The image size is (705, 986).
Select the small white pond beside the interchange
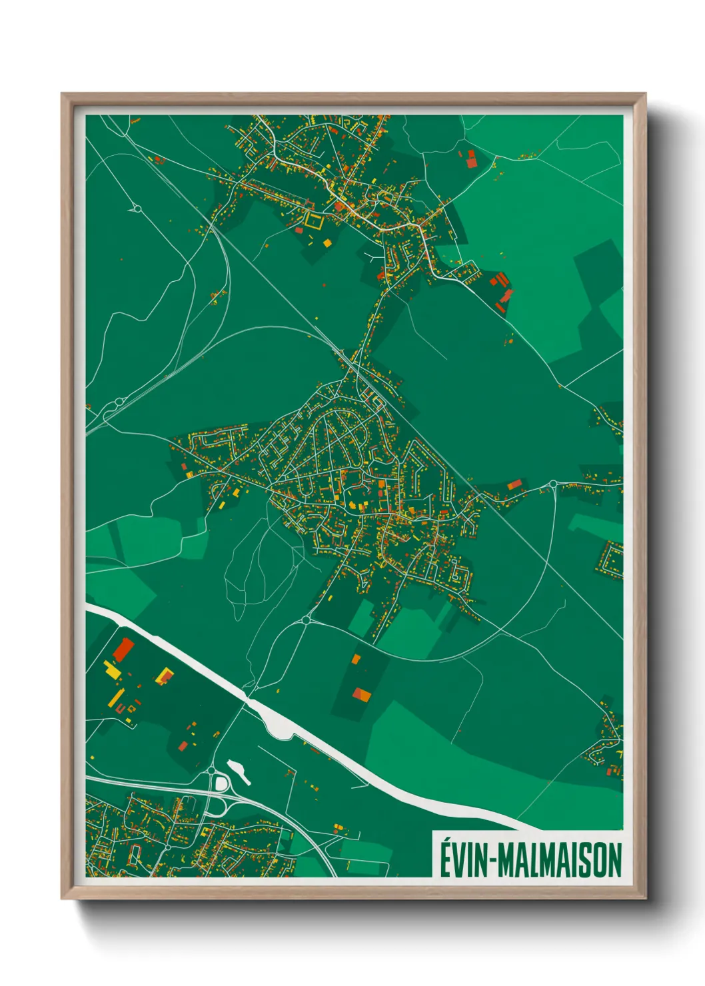point(239,771)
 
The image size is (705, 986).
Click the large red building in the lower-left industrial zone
point(123,649)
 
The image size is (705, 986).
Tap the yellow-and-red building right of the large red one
point(164,677)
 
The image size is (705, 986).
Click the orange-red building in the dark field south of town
point(362,695)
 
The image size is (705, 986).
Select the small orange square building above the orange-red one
point(356,659)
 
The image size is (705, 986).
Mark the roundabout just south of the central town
point(306,620)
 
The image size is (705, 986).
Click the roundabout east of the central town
point(552,484)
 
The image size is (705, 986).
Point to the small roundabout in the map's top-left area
point(137,209)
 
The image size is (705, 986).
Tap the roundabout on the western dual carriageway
point(120,402)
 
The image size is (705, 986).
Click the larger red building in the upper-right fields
point(472,159)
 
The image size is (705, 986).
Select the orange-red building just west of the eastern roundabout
point(514,484)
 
